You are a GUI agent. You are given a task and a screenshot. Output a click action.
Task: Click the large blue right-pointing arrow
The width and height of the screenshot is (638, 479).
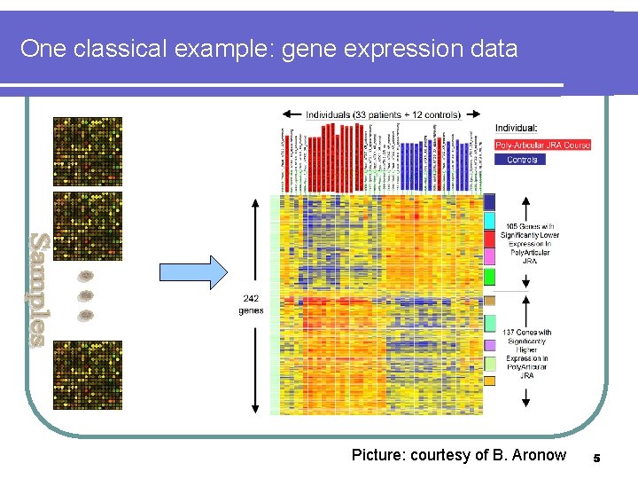coord(192,272)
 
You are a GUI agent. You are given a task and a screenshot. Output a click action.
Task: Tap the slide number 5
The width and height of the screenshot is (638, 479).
coord(596,458)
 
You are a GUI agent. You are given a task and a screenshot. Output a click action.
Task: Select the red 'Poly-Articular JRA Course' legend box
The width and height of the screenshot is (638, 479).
coord(541,145)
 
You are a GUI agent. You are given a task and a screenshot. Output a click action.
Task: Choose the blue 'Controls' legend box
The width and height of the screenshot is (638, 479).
coord(522,160)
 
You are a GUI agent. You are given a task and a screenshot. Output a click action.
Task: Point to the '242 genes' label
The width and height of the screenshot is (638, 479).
coord(251,304)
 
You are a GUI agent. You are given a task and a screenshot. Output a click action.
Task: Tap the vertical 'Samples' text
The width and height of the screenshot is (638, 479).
coord(36,289)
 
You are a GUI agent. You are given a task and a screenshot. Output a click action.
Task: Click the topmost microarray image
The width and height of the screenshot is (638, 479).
coord(87,151)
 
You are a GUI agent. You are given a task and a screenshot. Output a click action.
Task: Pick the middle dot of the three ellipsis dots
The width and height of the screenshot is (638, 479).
coord(86,295)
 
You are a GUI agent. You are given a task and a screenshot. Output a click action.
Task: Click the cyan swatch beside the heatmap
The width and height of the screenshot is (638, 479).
coord(489,220)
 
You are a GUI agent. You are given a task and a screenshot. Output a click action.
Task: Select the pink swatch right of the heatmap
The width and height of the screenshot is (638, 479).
coord(489,256)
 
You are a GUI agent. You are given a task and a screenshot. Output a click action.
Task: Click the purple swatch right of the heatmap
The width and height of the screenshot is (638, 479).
coord(489,345)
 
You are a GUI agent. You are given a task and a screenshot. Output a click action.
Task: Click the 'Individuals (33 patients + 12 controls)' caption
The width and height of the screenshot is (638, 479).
coord(383,114)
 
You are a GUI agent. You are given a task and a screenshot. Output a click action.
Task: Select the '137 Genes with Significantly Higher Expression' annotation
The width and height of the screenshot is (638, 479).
coord(528,354)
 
